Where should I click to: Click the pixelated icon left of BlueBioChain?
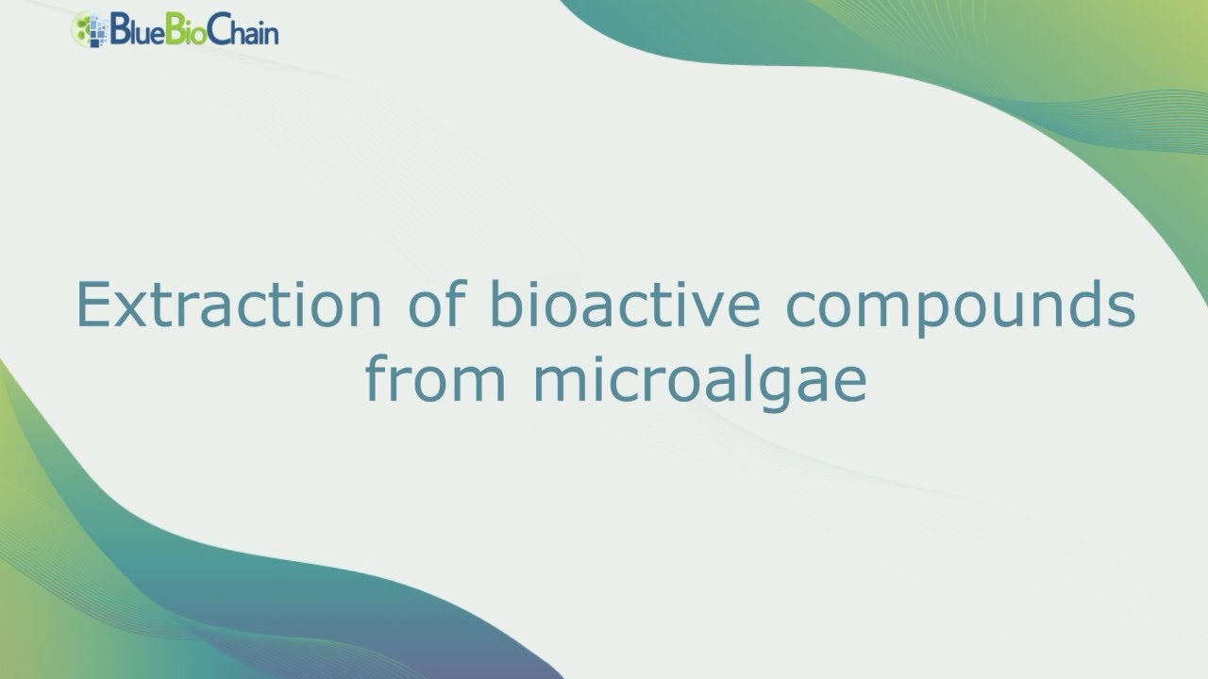90,29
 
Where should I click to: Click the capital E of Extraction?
92,304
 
